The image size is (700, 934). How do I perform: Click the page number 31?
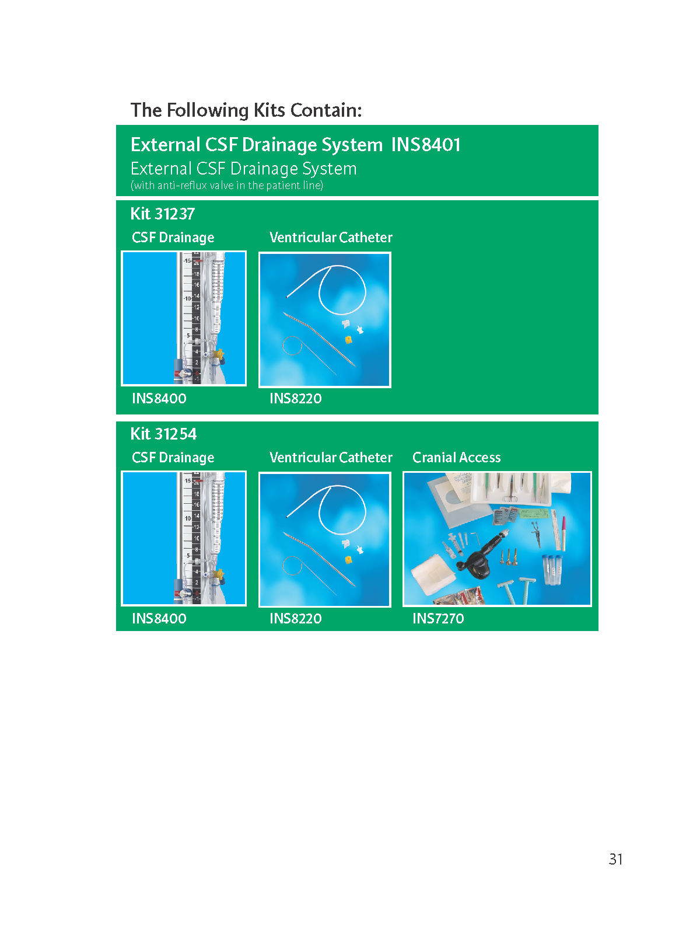pyautogui.click(x=615, y=859)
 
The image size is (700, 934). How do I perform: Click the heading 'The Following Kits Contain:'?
pyautogui.click(x=246, y=110)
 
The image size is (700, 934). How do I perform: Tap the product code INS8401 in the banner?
pyautogui.click(x=425, y=145)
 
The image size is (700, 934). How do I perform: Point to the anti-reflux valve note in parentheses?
pyautogui.click(x=227, y=186)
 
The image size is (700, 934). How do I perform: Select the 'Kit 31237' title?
pyautogui.click(x=162, y=214)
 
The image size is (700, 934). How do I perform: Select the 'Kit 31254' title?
pyautogui.click(x=163, y=434)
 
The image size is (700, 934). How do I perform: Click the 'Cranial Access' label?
pyautogui.click(x=457, y=458)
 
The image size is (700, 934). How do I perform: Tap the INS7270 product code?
pyautogui.click(x=438, y=618)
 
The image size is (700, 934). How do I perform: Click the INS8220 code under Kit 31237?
pyautogui.click(x=295, y=398)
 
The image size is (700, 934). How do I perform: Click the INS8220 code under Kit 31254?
pyautogui.click(x=295, y=618)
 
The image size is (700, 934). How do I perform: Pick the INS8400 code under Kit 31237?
pyautogui.click(x=159, y=398)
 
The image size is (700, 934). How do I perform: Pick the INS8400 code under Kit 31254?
pyautogui.click(x=159, y=618)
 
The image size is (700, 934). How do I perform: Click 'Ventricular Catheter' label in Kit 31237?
pyautogui.click(x=331, y=238)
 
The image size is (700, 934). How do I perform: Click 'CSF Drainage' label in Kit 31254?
pyautogui.click(x=173, y=458)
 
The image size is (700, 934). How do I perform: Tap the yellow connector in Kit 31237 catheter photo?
pyautogui.click(x=348, y=339)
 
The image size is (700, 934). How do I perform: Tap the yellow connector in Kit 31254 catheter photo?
pyautogui.click(x=348, y=560)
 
